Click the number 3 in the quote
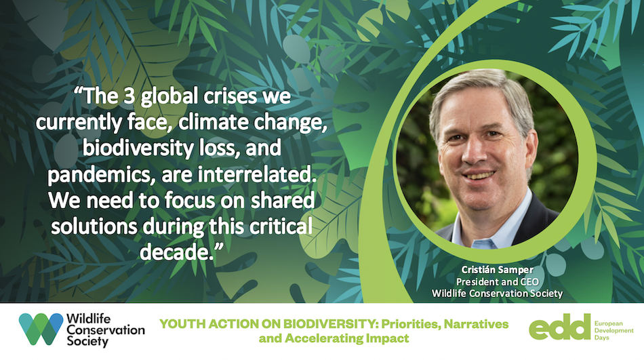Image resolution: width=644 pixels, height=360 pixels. [129, 96]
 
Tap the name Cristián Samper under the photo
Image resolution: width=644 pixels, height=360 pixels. [497, 270]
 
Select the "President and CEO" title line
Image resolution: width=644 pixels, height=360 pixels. [497, 281]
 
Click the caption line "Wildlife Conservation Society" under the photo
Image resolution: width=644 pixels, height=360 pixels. [497, 294]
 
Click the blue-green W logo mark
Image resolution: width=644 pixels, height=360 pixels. [41, 329]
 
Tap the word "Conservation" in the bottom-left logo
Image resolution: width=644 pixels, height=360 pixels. [106, 329]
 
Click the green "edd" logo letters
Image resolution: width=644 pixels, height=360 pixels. [559, 327]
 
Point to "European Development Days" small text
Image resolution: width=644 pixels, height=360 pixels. [614, 330]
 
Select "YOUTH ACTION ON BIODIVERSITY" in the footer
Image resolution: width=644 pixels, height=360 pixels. [268, 324]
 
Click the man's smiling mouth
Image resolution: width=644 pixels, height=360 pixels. [479, 176]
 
